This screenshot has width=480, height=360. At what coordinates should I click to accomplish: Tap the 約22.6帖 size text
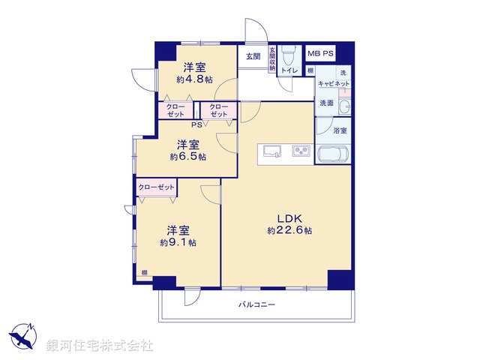(289, 231)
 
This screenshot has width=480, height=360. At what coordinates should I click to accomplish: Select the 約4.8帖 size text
(195, 79)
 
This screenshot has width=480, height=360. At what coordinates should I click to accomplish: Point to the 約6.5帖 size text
(187, 157)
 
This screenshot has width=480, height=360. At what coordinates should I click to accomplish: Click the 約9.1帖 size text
(178, 242)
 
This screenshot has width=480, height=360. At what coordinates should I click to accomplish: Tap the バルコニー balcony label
(257, 305)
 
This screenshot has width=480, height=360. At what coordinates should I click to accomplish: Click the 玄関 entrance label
(252, 56)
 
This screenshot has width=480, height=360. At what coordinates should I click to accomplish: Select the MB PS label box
(321, 55)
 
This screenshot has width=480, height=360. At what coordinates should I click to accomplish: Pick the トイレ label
(290, 71)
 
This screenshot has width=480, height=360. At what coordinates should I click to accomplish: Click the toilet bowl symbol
(290, 55)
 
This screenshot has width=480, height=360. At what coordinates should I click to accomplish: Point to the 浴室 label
(340, 130)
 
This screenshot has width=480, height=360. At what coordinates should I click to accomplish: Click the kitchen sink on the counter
(270, 150)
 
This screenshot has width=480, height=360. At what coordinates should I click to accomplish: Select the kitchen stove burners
(301, 150)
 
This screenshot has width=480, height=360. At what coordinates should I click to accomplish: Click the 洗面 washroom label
(325, 103)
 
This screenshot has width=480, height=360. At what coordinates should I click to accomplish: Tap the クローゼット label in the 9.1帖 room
(156, 187)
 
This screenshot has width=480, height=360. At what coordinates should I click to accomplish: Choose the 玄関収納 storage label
(272, 60)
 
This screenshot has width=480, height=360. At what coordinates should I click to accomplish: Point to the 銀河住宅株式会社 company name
(99, 345)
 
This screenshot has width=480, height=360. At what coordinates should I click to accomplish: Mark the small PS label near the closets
(196, 124)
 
